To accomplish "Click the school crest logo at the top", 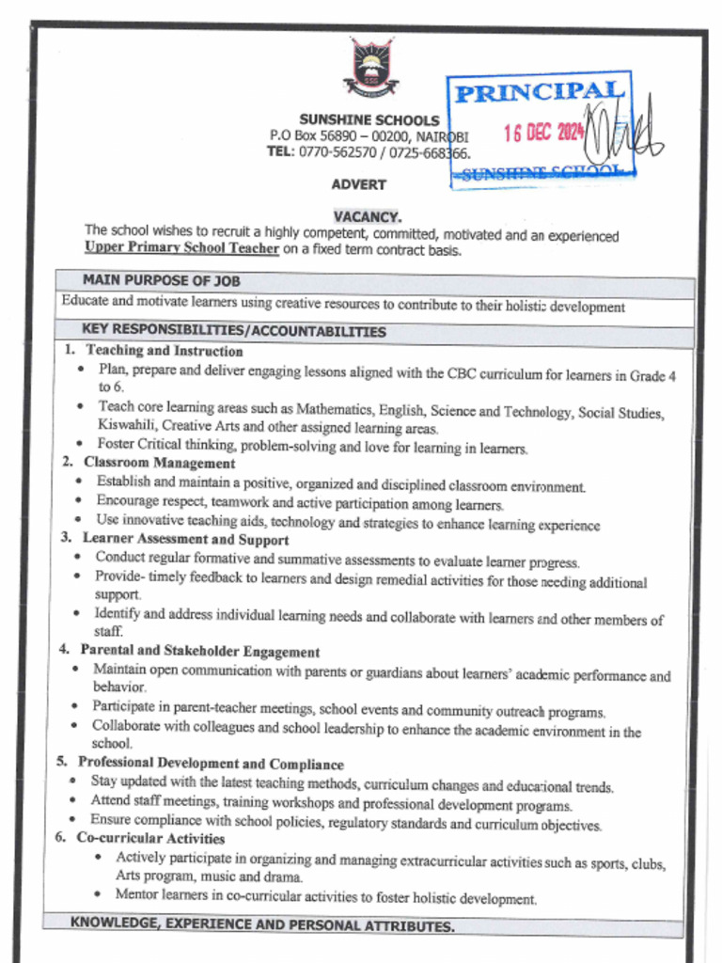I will [370, 67].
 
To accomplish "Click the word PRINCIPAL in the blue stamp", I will [540, 92].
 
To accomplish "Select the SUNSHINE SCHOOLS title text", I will [369, 120].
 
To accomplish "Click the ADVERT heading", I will [358, 185].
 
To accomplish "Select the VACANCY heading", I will [367, 216].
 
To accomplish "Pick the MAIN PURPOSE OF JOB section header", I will [161, 280].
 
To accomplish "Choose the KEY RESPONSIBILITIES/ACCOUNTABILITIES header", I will [234, 331].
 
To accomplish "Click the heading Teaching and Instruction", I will [165, 351].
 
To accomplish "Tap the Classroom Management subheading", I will [159, 463].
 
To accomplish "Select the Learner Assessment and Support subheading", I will [185, 540].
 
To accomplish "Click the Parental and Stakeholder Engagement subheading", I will [199, 651].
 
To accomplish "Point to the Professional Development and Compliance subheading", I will [211, 764].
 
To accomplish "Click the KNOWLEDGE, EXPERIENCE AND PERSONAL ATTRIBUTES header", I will [262, 924].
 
